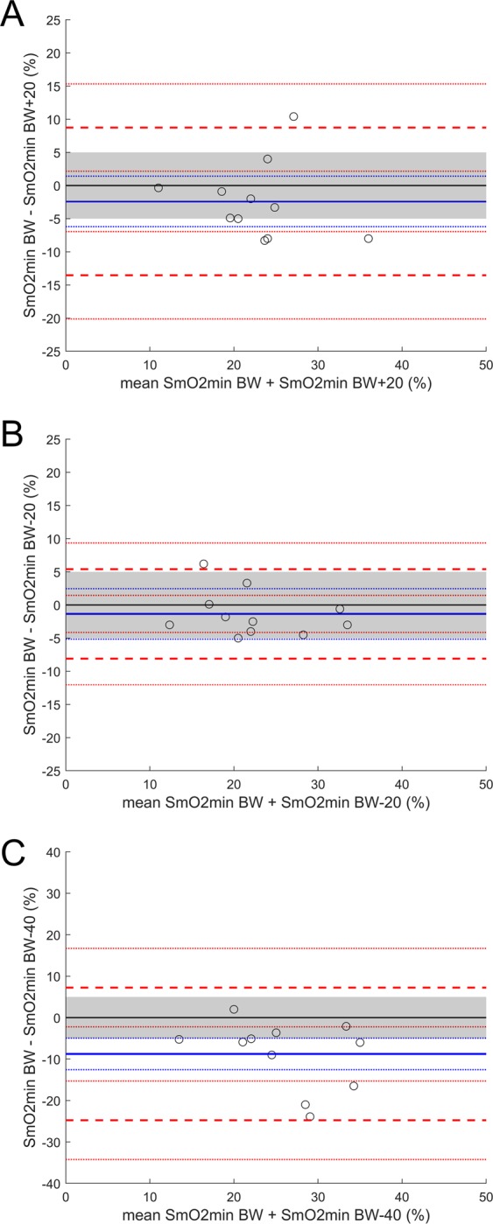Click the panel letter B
click(x=12, y=424)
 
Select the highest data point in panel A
click(x=293, y=116)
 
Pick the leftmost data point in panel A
click(x=158, y=188)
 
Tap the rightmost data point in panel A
click(x=369, y=238)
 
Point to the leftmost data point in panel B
click(x=169, y=625)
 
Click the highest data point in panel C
click(x=234, y=1009)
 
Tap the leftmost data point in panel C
click(x=179, y=1039)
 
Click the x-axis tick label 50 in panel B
click(x=485, y=780)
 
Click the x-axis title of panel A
click(x=276, y=385)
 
